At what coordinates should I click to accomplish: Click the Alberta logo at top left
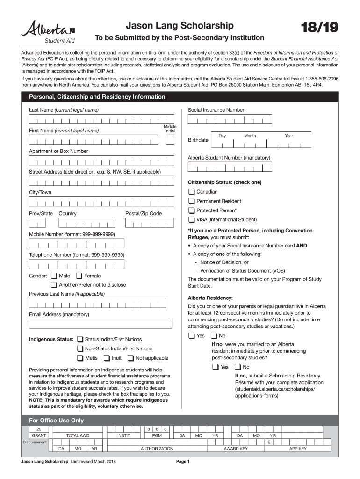pyautogui.click(x=48, y=30)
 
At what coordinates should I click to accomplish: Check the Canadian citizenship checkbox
pyautogui.click(x=191, y=192)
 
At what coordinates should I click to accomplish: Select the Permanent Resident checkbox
pyautogui.click(x=191, y=201)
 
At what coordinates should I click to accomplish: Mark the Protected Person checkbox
pyautogui.click(x=191, y=210)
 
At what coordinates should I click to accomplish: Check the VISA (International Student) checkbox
pyautogui.click(x=191, y=219)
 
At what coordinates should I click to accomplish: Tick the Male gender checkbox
pyautogui.click(x=54, y=276)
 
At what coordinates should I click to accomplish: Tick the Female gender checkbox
pyautogui.click(x=79, y=276)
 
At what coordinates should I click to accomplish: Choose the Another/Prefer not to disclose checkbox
pyautogui.click(x=54, y=285)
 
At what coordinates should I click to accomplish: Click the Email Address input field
pyautogui.click(x=100, y=324)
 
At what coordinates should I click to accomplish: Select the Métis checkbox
pyautogui.click(x=80, y=358)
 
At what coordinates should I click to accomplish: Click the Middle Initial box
pyautogui.click(x=170, y=140)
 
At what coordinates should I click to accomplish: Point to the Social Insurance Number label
pyautogui.click(x=216, y=110)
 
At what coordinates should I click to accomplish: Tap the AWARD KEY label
pyautogui.click(x=236, y=449)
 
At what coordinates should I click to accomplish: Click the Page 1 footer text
pyautogui.click(x=182, y=462)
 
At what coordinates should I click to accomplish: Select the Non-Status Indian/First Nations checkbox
pyautogui.click(x=80, y=348)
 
